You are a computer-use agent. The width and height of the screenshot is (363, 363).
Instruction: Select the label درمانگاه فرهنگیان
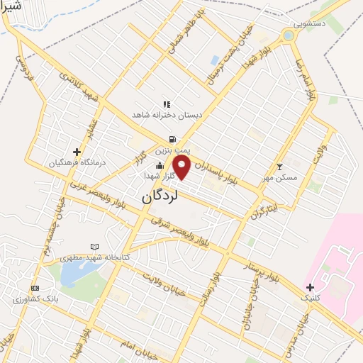(x=77, y=162)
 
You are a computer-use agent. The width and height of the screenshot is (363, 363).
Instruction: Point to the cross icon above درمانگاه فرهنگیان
(x=77, y=152)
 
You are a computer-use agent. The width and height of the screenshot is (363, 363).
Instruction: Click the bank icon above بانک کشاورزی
(x=35, y=289)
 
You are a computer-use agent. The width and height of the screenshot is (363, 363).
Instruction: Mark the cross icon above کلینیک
(x=310, y=286)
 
